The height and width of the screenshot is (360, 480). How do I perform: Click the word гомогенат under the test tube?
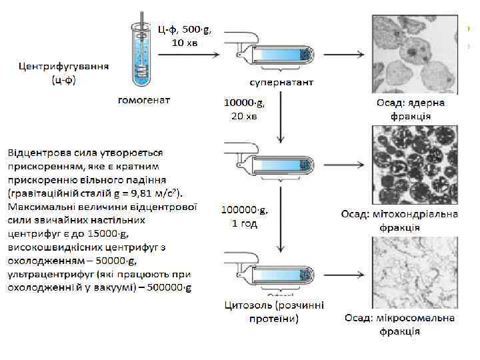point(143,100)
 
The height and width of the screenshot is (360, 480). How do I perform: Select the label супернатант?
point(281,81)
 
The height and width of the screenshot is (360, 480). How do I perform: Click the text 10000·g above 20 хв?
point(244,103)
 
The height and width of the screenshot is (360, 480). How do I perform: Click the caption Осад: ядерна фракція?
point(411,109)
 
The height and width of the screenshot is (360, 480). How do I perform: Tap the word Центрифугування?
point(64,67)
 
